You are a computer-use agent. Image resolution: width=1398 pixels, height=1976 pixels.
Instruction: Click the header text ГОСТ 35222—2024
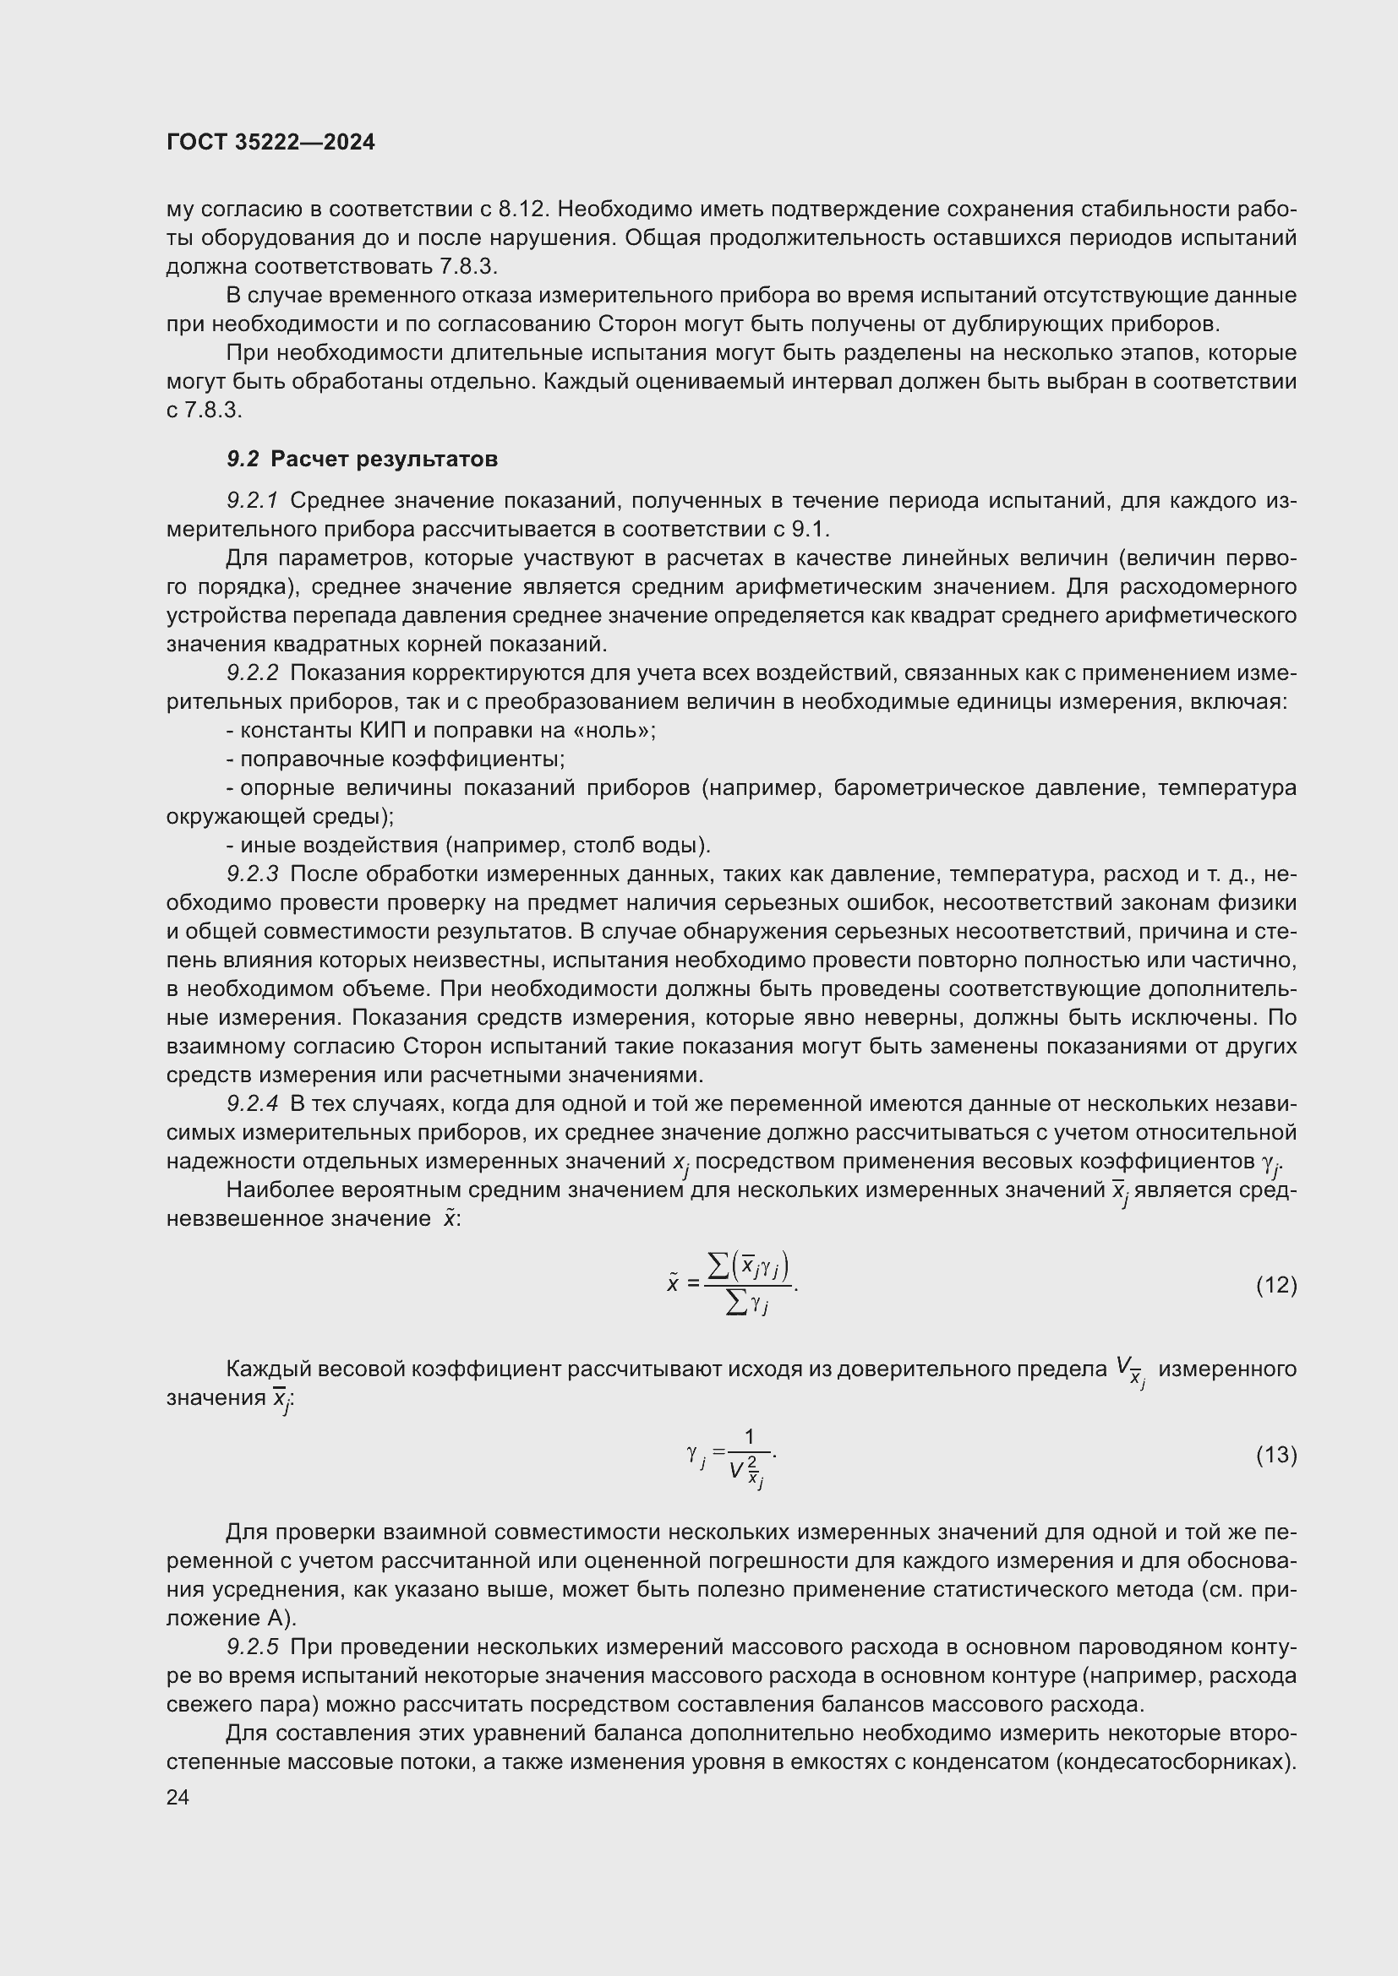[270, 143]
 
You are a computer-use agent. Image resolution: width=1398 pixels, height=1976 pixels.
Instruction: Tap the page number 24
[178, 1797]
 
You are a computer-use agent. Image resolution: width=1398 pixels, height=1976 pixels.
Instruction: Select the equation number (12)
[1275, 1285]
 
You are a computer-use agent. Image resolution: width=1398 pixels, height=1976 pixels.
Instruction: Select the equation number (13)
[1275, 1456]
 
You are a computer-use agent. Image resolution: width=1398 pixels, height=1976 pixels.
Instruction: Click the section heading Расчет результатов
[384, 459]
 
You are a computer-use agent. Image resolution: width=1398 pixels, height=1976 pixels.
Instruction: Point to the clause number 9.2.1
[252, 500]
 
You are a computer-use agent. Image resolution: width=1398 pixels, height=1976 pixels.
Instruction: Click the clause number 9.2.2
[252, 673]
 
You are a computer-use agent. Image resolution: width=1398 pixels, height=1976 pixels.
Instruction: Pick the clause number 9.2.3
[252, 874]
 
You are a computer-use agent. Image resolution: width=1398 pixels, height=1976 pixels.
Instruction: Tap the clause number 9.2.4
[252, 1104]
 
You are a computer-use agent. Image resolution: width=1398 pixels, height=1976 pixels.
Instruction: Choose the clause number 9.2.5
[252, 1647]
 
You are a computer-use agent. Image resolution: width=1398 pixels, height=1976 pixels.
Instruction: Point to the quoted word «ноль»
[611, 731]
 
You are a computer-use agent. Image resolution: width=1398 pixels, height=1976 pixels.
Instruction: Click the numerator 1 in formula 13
[749, 1436]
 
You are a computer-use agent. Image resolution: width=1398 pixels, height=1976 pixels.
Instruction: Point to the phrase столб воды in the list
[642, 846]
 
